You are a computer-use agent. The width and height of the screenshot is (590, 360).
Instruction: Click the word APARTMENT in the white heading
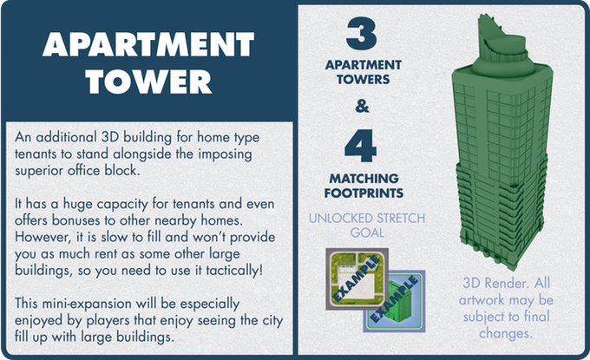click(x=148, y=44)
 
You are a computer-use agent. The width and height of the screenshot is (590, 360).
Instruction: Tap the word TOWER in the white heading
click(x=149, y=82)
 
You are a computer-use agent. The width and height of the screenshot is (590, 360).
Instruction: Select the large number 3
click(x=361, y=33)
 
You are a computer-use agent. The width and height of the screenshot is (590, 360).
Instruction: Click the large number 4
click(x=360, y=146)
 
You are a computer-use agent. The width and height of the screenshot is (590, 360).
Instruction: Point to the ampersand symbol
click(x=362, y=106)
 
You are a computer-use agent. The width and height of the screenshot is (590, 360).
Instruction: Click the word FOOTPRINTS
click(x=364, y=193)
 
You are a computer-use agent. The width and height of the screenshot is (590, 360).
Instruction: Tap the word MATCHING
click(x=364, y=179)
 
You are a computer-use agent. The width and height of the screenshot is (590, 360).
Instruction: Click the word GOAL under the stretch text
click(x=367, y=232)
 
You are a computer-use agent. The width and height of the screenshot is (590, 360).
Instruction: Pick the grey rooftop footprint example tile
click(x=357, y=278)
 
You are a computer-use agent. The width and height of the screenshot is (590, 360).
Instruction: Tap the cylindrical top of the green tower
click(x=502, y=55)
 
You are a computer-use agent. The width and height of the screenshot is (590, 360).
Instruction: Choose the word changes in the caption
click(x=506, y=333)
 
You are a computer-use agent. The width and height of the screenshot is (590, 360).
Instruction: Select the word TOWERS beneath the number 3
click(x=363, y=80)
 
